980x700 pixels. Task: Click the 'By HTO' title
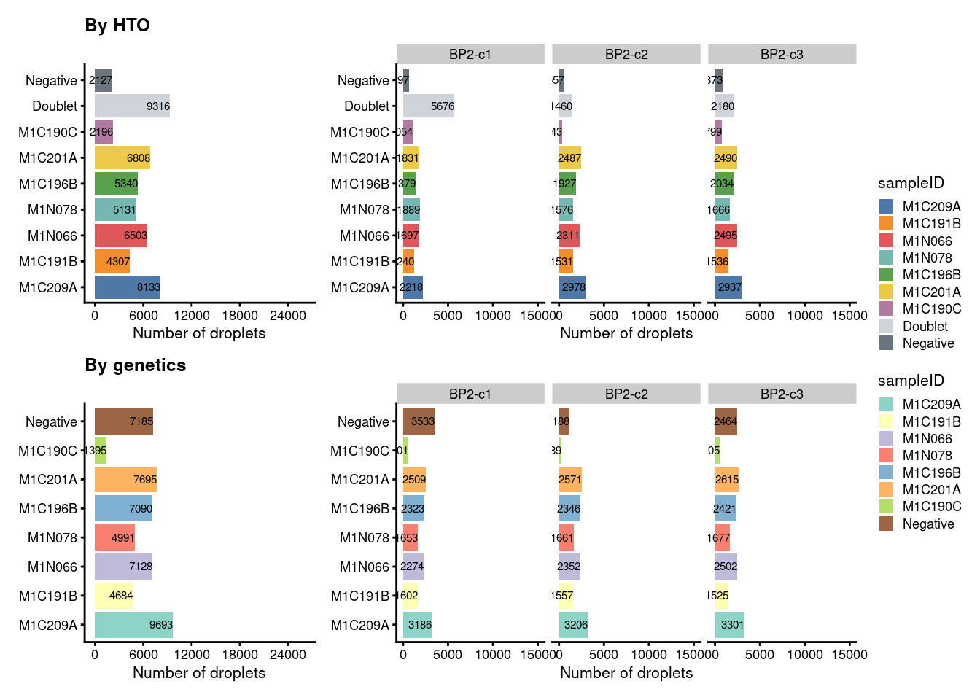[x=117, y=26]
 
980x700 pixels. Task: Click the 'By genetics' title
[x=136, y=365]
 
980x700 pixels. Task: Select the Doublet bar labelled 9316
[x=132, y=106]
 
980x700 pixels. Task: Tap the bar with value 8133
[x=127, y=287]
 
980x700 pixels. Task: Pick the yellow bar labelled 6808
[x=122, y=158]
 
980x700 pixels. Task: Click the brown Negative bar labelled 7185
[x=123, y=421]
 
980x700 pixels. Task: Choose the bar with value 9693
[x=133, y=625]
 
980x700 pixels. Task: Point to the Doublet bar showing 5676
[x=428, y=106]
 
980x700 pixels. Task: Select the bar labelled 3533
[x=419, y=421]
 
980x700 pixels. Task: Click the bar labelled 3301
[x=730, y=625]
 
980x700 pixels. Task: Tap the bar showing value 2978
[x=572, y=287]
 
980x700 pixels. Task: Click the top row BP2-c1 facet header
[x=470, y=55]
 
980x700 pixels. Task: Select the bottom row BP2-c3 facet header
[x=782, y=394]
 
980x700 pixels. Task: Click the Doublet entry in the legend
[x=925, y=326]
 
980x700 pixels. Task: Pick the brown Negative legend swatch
[x=886, y=524]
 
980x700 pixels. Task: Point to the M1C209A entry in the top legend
[x=931, y=207]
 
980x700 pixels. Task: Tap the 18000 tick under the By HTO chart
[x=240, y=316]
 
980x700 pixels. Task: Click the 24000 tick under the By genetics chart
[x=288, y=655]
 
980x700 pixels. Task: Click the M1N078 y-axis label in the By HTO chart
[x=52, y=210]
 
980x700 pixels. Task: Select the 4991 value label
[x=123, y=538]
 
